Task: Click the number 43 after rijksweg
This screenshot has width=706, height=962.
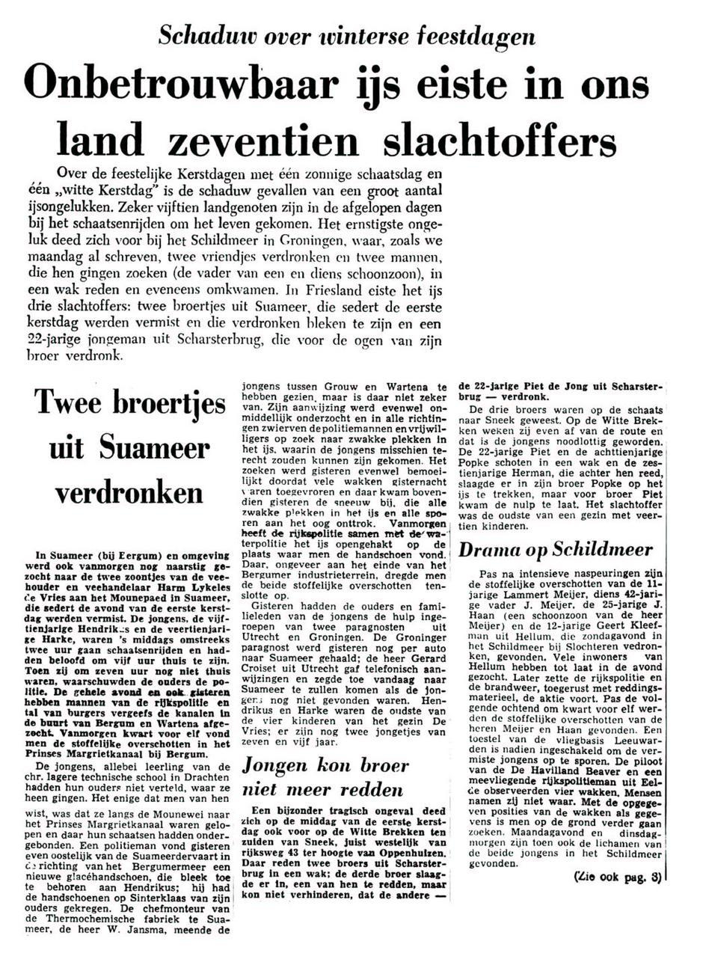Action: click(x=308, y=843)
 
